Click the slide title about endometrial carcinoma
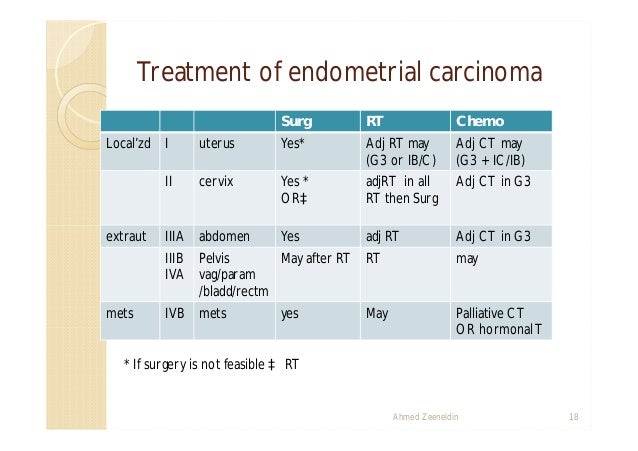click(339, 74)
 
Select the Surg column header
click(296, 121)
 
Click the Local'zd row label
click(128, 143)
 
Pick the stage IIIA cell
click(175, 237)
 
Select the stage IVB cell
click(175, 313)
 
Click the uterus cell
click(217, 143)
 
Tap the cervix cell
click(216, 182)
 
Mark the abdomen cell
click(225, 237)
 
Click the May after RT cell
click(315, 259)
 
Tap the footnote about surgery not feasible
click(211, 364)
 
